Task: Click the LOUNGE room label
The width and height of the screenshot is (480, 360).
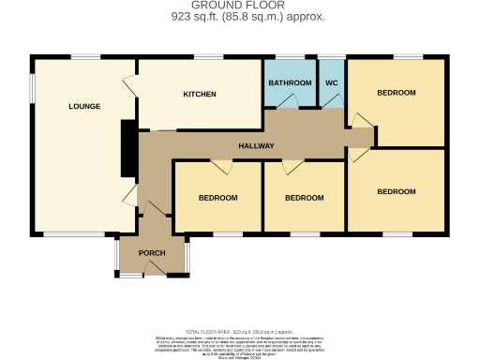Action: click(x=83, y=106)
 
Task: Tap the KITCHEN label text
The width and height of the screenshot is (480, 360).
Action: click(x=200, y=95)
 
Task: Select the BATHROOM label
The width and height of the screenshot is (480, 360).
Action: click(x=290, y=83)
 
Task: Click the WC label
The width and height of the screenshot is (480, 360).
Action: click(x=331, y=83)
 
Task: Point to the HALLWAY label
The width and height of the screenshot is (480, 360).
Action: click(x=256, y=146)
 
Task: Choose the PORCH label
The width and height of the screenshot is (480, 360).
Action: click(x=152, y=253)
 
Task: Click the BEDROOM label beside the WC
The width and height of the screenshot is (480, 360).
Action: click(x=396, y=93)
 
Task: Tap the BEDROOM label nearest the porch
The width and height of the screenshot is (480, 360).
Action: click(x=217, y=198)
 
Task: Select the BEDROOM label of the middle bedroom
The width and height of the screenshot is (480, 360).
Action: click(x=304, y=198)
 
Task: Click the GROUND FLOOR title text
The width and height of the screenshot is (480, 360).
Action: click(x=239, y=6)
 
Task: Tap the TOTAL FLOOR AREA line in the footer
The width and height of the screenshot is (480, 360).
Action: click(x=239, y=333)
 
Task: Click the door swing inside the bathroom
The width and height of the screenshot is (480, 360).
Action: click(x=290, y=101)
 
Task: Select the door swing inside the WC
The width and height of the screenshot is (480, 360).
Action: click(x=332, y=101)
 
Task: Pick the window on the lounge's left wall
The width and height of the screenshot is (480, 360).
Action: click(x=33, y=86)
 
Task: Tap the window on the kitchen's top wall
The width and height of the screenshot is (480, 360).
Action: click(x=208, y=58)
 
